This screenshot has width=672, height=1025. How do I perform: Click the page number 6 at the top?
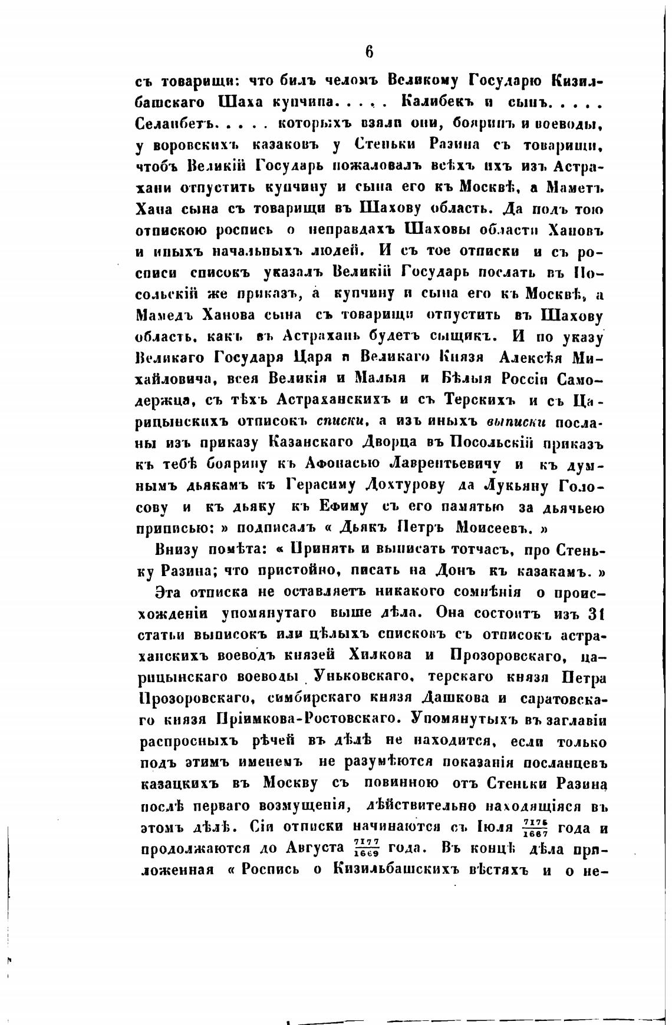tap(369, 52)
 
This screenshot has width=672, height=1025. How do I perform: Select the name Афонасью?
tap(342, 464)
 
